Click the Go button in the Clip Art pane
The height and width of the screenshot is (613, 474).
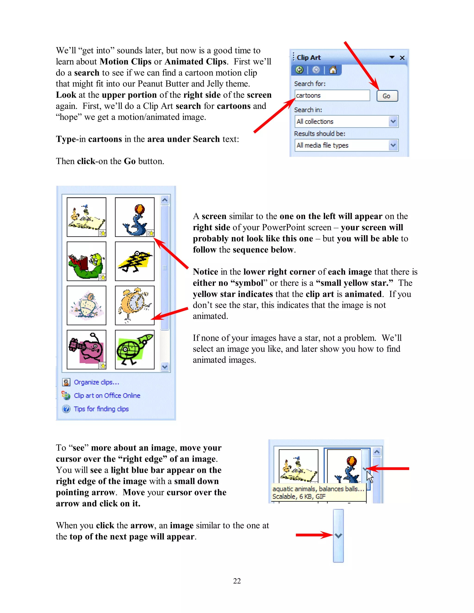tap(387, 96)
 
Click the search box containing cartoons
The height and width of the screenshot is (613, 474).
tap(332, 96)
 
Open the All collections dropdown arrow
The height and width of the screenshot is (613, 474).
tap(393, 121)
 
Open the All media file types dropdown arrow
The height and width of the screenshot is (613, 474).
tap(393, 146)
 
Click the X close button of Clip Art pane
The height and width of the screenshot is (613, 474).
tap(402, 58)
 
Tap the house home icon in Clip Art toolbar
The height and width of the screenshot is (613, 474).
tap(333, 70)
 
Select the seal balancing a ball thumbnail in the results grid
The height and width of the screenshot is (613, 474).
tap(134, 217)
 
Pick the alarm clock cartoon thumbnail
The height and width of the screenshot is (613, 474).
tap(134, 305)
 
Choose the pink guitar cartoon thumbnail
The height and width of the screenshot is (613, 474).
tap(87, 350)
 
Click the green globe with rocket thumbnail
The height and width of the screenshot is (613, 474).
tap(134, 350)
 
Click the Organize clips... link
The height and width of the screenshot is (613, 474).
tap(96, 382)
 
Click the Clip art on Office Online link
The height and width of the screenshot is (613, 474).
tap(107, 396)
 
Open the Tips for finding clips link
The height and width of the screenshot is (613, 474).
tap(101, 409)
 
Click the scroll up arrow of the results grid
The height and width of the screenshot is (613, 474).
tap(165, 200)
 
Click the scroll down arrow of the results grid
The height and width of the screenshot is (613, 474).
tap(165, 367)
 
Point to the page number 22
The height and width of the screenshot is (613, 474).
tap(237, 581)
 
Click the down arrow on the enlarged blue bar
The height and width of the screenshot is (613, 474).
tap(338, 536)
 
